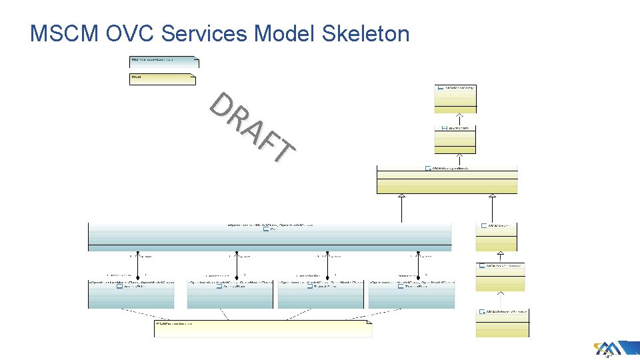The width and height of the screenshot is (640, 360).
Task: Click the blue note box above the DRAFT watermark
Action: coord(163,62)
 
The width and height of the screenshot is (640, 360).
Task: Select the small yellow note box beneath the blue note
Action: coord(162,79)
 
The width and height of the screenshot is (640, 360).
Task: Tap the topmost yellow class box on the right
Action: coord(456,98)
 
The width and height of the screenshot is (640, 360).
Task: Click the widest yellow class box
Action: coord(447,179)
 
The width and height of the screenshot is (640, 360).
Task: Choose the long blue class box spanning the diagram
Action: coord(269,237)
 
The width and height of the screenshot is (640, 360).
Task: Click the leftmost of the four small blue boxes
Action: coord(131,294)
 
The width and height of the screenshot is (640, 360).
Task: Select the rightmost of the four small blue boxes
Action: coord(411,294)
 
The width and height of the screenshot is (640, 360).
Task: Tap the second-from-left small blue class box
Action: coord(230,294)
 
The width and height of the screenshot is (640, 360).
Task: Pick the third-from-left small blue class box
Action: coord(321,294)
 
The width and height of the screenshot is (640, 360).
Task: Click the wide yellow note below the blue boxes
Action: coord(263,329)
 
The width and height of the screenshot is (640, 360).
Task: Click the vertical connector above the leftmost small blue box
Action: coord(138,265)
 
